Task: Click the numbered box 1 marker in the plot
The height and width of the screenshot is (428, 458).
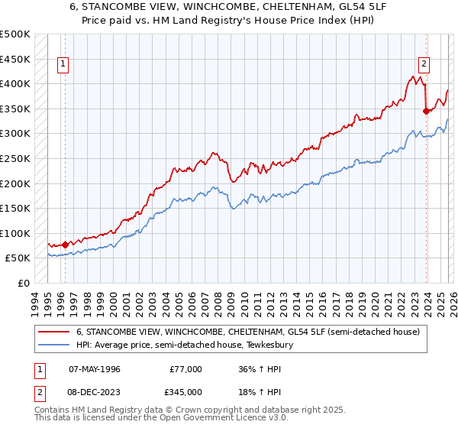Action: tap(64, 65)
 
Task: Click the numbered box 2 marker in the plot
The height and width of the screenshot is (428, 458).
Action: tap(424, 65)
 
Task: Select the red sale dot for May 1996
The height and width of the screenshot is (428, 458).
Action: tap(65, 245)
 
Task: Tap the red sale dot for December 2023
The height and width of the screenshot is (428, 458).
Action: tap(426, 111)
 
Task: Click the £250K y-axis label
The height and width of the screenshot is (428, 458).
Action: tap(15, 159)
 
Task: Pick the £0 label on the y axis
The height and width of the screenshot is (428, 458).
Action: tap(23, 284)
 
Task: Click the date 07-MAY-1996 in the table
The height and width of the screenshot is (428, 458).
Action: tap(94, 369)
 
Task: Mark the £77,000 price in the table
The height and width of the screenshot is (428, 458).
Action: tap(185, 369)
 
